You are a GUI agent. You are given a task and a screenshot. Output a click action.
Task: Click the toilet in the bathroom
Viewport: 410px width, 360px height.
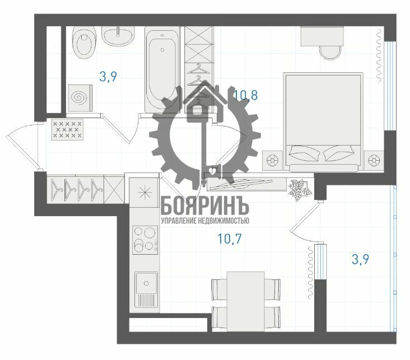coord(84,42)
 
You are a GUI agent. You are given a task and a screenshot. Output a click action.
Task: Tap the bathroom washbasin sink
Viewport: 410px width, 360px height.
coord(118,36)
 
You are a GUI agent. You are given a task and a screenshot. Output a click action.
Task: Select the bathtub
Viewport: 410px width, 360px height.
coord(162,70)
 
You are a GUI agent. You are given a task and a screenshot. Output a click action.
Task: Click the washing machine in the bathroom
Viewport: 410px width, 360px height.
coord(80,98)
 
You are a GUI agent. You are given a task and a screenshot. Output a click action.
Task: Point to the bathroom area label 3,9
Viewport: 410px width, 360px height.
coord(108,77)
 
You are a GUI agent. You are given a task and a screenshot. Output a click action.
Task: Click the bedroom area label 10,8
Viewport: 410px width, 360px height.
coord(246,95)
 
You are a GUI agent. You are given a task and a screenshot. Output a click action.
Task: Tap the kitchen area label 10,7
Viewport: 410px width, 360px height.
coord(230,239)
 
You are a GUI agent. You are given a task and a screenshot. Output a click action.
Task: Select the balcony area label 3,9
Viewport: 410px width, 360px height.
coord(360,259)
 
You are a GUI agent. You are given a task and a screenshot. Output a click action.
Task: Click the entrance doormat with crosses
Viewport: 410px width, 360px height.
coord(67,130)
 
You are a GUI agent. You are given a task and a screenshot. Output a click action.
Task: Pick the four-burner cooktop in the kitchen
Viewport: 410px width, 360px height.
coord(145,240)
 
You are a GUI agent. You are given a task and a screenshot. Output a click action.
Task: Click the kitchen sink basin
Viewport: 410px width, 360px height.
coord(146,283)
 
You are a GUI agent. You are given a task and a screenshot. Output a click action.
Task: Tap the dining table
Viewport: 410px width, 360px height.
coord(245,301)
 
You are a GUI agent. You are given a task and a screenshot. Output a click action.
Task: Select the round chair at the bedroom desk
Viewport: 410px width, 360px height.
coord(330,53)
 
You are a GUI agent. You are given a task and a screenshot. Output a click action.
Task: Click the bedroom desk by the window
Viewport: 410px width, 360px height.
coord(322,36)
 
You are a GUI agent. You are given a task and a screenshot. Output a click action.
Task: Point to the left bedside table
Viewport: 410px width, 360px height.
coord(273,160)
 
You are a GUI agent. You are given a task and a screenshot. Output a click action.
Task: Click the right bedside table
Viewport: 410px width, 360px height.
coord(374,160)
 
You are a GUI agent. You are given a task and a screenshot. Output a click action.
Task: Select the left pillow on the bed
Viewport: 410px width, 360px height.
coord(304,153)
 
